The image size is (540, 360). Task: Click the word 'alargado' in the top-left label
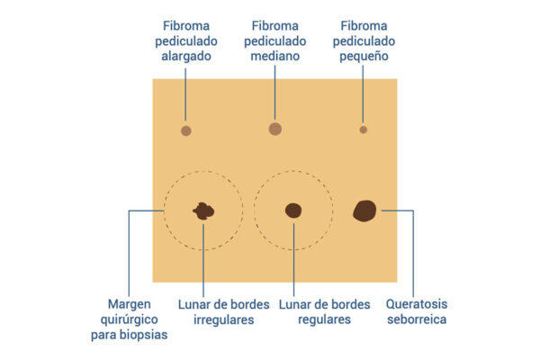click(x=186, y=56)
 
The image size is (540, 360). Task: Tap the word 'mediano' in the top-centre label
click(x=275, y=56)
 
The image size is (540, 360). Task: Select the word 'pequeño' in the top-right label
click(x=364, y=56)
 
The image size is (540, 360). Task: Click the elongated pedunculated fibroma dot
click(x=186, y=130)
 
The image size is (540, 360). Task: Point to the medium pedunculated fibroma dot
click(x=275, y=129)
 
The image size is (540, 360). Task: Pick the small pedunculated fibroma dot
click(x=364, y=130)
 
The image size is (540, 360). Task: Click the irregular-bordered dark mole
click(x=204, y=211)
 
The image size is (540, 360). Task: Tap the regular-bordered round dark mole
click(x=293, y=211)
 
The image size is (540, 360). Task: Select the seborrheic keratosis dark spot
click(x=364, y=211)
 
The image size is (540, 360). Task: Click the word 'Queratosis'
click(x=417, y=303)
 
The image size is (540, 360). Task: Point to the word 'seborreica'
click(x=417, y=319)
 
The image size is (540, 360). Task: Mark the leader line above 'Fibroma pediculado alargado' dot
click(x=186, y=94)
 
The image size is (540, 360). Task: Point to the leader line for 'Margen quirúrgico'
click(x=130, y=252)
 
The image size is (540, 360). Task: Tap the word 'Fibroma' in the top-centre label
click(x=275, y=24)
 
